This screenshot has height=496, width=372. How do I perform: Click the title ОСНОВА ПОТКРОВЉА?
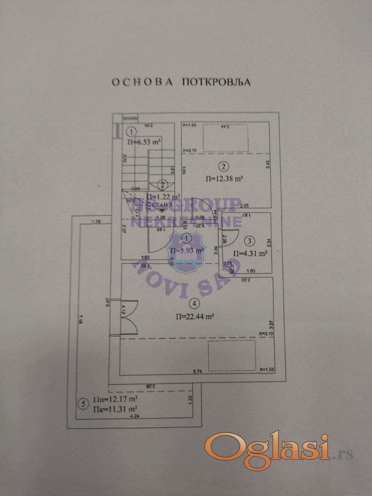click(181, 82)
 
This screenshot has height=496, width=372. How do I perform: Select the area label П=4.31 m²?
click(250, 253)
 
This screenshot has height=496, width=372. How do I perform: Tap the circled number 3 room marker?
click(250, 241)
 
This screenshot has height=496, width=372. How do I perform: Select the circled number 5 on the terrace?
click(83, 403)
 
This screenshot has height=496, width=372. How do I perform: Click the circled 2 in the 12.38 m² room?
click(224, 165)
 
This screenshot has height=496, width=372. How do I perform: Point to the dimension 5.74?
click(197, 372)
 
